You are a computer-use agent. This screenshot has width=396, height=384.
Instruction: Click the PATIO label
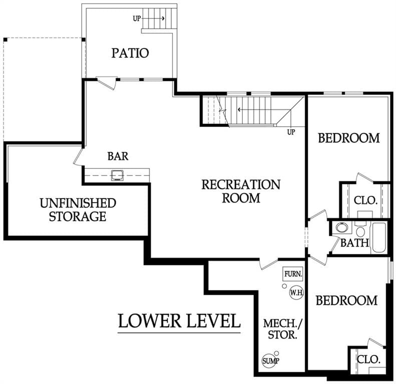[130, 53]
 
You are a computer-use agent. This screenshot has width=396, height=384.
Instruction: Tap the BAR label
[118, 156]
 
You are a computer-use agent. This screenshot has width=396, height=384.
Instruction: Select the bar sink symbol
[118, 175]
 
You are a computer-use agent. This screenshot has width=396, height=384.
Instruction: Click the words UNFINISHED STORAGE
[78, 210]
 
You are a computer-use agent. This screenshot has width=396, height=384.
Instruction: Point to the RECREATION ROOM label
[241, 191]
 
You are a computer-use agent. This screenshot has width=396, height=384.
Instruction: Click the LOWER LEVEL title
[179, 321]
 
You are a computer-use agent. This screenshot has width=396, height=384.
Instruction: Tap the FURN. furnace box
[293, 274]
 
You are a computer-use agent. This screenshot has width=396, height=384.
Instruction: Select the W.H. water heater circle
[296, 292]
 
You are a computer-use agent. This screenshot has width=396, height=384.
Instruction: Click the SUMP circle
[269, 361]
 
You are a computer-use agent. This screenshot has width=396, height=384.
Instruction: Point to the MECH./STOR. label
[282, 329]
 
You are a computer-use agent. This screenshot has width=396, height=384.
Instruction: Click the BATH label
[354, 242]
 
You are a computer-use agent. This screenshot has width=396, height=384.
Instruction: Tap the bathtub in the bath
[379, 237]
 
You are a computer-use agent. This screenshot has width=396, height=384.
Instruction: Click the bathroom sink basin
[341, 227]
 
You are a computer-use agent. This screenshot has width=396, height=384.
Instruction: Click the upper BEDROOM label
[349, 138]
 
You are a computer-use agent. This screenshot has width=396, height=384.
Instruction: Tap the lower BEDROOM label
[346, 300]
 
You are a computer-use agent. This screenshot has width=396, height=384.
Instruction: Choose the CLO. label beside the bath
[365, 200]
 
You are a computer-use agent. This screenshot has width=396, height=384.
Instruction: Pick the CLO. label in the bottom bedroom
[368, 359]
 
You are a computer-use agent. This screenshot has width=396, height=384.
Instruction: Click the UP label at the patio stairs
[137, 18]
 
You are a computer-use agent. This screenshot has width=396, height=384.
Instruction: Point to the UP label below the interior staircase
[291, 132]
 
